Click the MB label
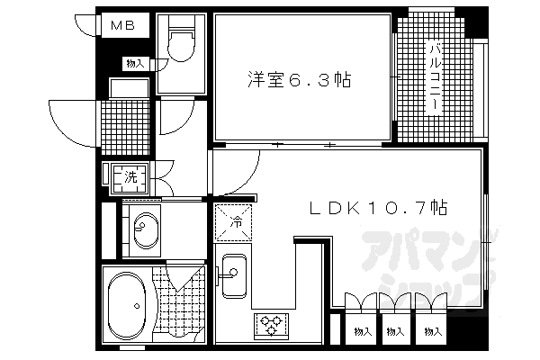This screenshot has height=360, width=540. [x=123, y=26]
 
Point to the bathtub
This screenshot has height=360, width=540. [x=126, y=306]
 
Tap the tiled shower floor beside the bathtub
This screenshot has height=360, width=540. [x=183, y=306]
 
